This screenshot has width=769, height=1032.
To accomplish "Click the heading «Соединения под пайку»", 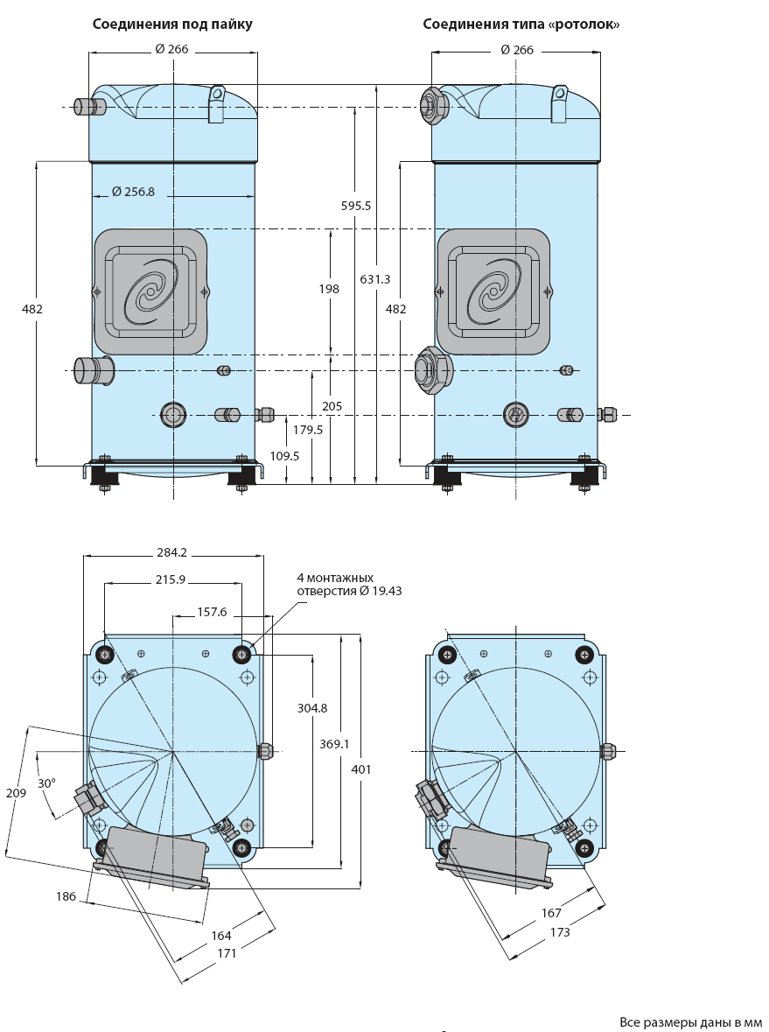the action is pos(172,25).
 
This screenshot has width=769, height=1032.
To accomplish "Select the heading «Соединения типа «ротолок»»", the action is pos(521,25).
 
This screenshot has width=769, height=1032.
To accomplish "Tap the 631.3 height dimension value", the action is pos(375,279).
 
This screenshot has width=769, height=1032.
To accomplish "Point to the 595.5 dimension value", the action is pos(356,206).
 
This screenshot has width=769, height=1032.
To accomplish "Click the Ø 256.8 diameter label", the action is pos(133,192).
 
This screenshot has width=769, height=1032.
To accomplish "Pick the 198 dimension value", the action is pos(329,288).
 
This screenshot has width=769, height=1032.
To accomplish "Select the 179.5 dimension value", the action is pos(308,430).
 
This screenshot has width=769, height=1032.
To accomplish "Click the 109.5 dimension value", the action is pos(284,455).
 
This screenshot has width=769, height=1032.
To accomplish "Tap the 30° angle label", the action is pos(46,783).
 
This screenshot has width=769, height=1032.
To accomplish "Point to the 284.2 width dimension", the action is pos(171,553).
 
